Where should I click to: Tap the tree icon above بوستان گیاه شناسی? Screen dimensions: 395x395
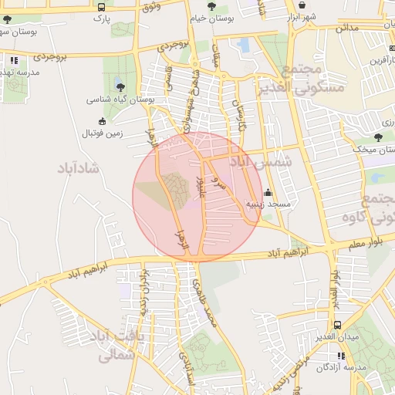click(120, 85)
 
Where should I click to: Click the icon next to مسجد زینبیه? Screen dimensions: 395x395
click(268, 192)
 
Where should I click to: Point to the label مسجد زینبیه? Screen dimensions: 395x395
click(268, 205)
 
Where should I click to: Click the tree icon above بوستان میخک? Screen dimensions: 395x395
click(356, 137)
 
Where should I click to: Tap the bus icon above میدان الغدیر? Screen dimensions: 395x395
click(336, 325)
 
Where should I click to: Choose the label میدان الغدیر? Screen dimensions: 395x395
click(336, 338)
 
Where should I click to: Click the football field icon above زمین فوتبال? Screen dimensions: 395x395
click(103, 120)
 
